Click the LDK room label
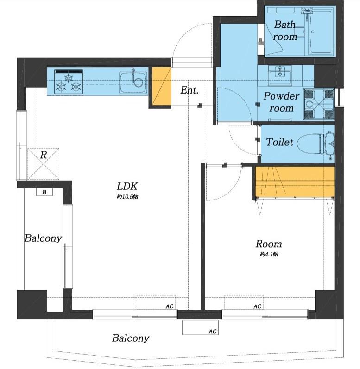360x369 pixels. pyautogui.click(x=127, y=186)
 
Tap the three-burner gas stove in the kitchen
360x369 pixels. pyautogui.click(x=69, y=81)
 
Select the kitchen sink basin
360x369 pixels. pyautogui.click(x=133, y=82)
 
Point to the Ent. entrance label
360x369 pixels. pyautogui.click(x=189, y=90)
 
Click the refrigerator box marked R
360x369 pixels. pyautogui.click(x=43, y=164)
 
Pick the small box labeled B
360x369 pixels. pyautogui.click(x=44, y=192)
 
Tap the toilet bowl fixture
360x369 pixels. pyautogui.click(x=316, y=144)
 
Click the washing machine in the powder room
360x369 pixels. pyautogui.click(x=319, y=104)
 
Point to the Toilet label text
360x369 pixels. pyautogui.click(x=279, y=142)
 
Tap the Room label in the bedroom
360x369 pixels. pyautogui.click(x=269, y=244)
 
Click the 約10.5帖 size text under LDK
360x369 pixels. pyautogui.click(x=127, y=197)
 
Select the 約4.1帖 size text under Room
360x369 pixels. pyautogui.click(x=269, y=254)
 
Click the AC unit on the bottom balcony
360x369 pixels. pyautogui.click(x=200, y=327)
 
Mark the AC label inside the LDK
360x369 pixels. pyautogui.click(x=169, y=306)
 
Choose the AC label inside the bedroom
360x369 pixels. pyautogui.click(x=257, y=306)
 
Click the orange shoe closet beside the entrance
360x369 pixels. pyautogui.click(x=161, y=87)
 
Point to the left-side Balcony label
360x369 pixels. pyautogui.click(x=43, y=238)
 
